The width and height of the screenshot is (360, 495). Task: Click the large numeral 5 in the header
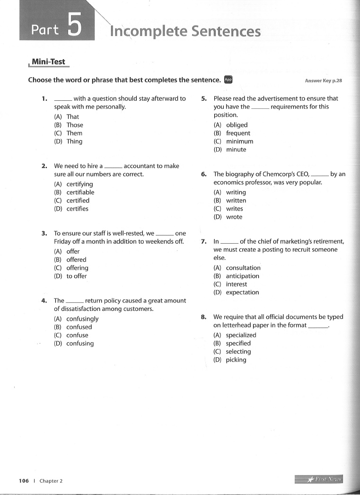click(74, 25)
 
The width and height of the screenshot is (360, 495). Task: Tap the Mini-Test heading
click(48, 62)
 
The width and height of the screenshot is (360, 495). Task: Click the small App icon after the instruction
click(228, 80)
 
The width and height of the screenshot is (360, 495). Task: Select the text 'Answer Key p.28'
click(323, 81)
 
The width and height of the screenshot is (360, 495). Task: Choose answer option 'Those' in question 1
click(74, 125)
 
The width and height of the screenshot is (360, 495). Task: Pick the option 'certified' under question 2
click(78, 201)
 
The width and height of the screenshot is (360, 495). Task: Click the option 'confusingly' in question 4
click(82, 319)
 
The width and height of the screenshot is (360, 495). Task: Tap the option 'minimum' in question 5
click(239, 141)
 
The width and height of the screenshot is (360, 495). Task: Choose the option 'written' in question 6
click(236, 201)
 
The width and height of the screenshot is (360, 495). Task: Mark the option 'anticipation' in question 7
click(243, 276)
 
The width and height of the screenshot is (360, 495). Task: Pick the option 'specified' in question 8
click(238, 344)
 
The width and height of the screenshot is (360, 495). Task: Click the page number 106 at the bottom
click(24, 481)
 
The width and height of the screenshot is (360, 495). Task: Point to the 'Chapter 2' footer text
click(51, 481)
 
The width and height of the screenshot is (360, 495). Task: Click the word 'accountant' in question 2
click(139, 166)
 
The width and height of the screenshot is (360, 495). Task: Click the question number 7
click(203, 241)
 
